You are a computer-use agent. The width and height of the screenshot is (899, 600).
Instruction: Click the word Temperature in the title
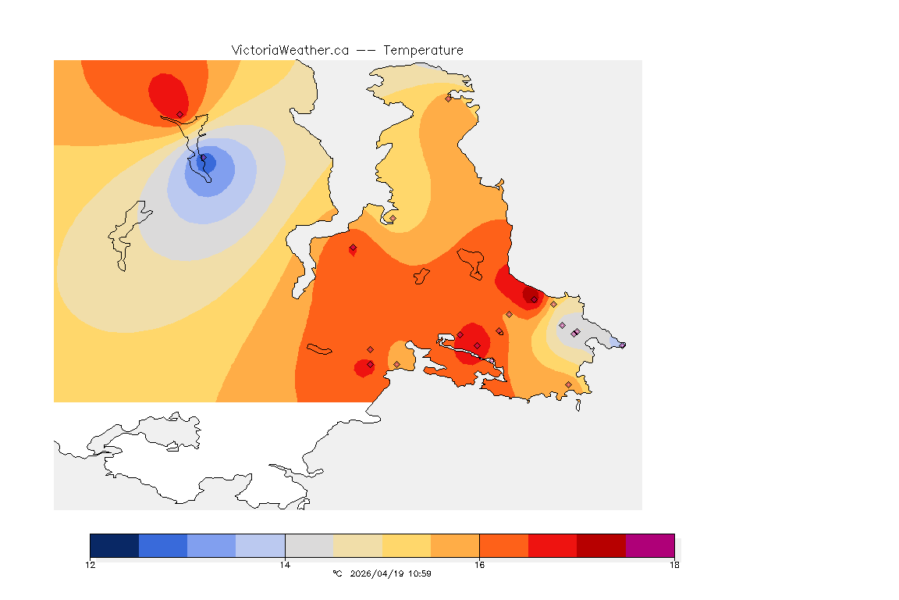tap(423, 50)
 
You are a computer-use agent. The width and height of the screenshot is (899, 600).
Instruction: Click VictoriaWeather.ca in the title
tap(290, 50)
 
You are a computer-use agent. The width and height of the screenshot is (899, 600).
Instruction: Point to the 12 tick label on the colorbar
tap(91, 565)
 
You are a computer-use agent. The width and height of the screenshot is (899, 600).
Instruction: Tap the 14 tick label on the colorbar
tap(285, 565)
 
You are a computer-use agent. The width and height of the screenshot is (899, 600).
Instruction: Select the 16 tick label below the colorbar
tap(479, 565)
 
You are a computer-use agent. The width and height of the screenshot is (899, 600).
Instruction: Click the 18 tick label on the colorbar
tap(673, 565)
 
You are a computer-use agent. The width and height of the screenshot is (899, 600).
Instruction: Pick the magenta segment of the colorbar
tap(649, 545)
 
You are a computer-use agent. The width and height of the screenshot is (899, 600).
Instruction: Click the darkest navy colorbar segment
tap(115, 545)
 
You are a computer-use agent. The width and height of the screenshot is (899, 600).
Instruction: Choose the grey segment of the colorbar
tap(309, 545)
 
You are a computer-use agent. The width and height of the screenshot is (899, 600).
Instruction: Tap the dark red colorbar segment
tap(601, 545)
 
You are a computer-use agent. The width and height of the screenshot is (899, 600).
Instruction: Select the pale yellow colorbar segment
tap(407, 545)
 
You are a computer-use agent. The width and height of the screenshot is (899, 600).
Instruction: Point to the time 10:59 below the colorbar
tap(421, 573)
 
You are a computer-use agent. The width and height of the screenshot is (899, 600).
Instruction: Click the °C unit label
tap(337, 573)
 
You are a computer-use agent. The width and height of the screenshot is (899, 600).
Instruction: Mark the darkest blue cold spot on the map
tap(208, 163)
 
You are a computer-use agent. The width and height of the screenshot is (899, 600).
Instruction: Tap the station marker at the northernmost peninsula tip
tap(449, 98)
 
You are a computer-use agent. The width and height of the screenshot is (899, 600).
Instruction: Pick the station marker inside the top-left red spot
tap(179, 114)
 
